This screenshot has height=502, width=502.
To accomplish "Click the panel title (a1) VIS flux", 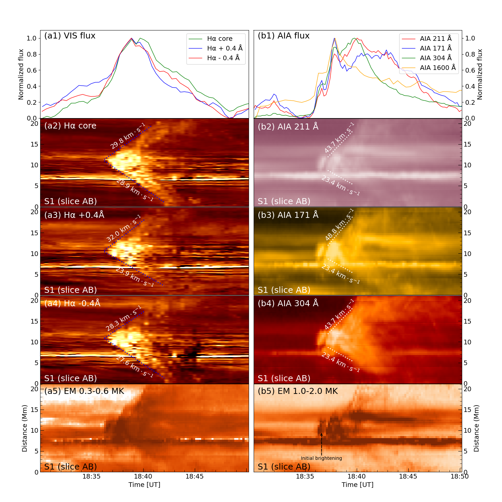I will coord(70,36).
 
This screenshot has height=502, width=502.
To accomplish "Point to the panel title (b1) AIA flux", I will coord(283,36).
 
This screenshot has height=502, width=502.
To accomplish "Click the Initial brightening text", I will coord(321,458).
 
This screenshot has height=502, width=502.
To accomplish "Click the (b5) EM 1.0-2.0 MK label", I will coord(298,391).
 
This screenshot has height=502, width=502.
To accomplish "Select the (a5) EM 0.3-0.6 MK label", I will coord(84,391).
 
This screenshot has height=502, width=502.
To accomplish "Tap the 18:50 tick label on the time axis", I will coord(459,476).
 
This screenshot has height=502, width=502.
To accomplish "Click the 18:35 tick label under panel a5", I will coord(91,476).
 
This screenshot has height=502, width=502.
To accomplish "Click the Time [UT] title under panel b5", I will coord(357,485).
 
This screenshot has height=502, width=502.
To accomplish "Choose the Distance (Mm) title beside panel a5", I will coord(24,428).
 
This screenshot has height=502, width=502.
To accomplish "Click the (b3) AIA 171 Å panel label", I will coord(288,215).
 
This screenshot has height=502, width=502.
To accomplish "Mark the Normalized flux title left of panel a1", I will coord(21,74).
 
